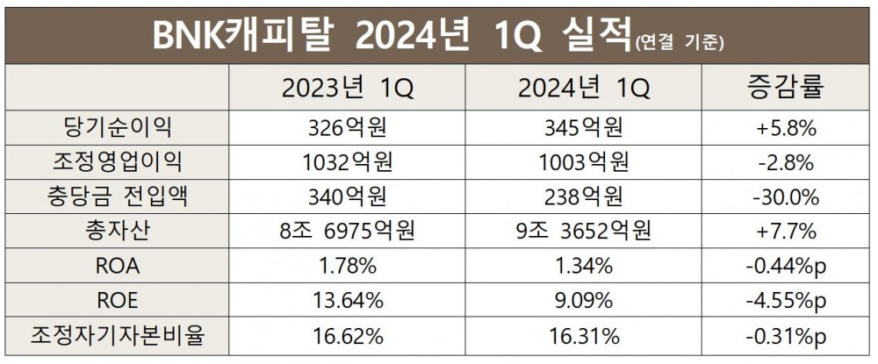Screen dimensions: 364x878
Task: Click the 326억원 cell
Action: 347,128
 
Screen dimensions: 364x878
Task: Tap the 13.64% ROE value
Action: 347,300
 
